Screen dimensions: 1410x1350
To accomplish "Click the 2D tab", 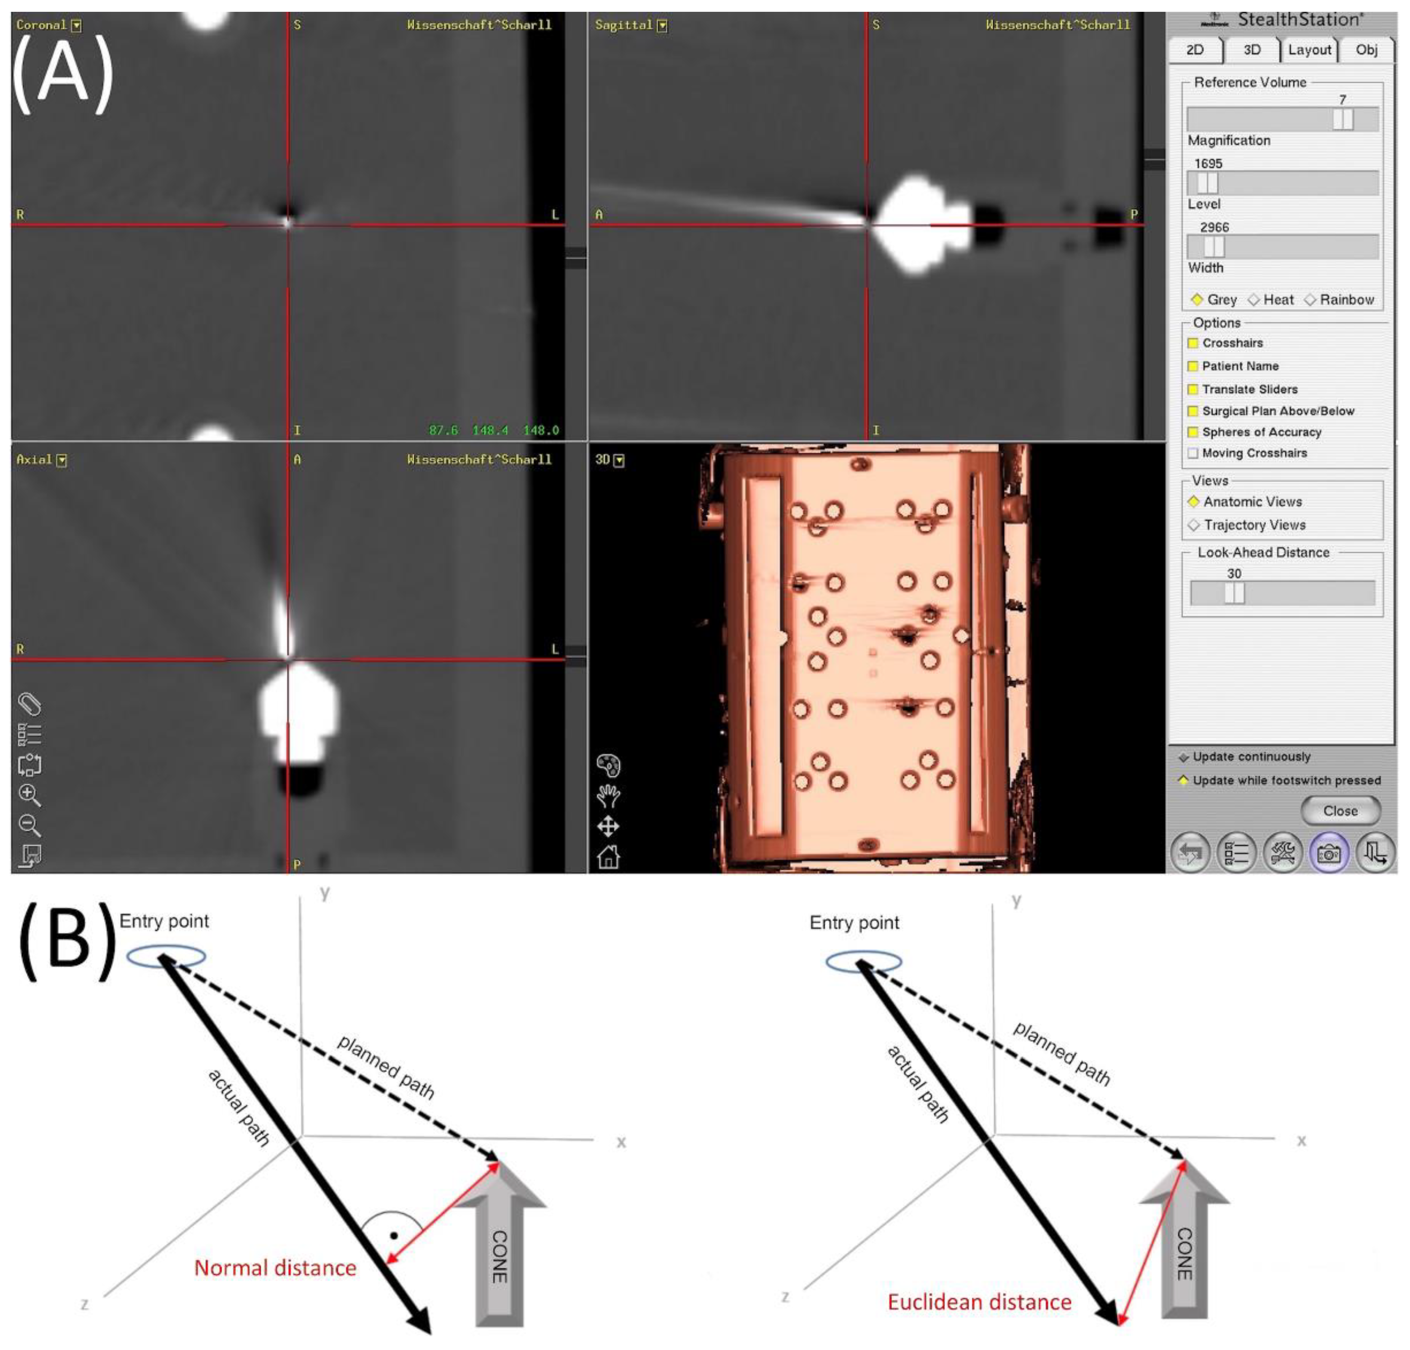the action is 1195,50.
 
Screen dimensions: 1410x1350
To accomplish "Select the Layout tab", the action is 1309,50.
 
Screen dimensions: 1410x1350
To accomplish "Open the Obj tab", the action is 1366,50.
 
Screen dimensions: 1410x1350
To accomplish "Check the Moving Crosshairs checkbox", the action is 1193,453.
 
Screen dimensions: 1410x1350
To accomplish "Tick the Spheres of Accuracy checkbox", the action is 1193,432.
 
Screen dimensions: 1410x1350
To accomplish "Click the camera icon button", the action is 1329,853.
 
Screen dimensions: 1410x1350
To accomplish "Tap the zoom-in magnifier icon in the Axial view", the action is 30,795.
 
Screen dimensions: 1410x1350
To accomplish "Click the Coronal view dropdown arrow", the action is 76,25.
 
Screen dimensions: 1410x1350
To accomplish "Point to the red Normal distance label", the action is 276,1267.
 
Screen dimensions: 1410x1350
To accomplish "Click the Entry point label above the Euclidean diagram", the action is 854,923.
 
